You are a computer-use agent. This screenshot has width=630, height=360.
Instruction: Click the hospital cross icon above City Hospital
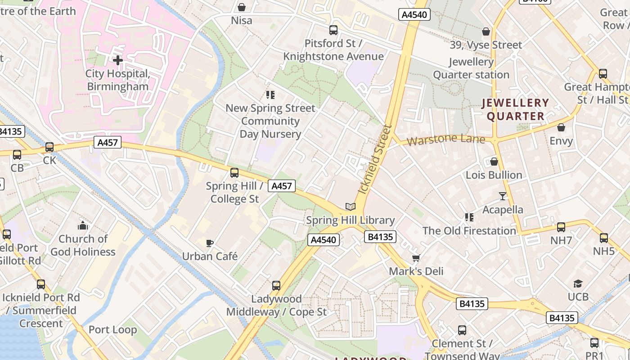point(118,60)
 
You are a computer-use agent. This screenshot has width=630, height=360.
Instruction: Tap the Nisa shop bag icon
point(242,7)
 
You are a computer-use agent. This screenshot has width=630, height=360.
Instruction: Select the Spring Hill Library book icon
point(351,207)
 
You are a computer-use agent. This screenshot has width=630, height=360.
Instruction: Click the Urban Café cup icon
point(209,243)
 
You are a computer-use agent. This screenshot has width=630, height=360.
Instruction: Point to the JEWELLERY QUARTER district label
point(516,109)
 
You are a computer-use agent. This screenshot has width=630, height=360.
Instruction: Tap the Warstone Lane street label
point(446,139)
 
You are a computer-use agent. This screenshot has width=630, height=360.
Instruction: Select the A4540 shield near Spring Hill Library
point(324,239)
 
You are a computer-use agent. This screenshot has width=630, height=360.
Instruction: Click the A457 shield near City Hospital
point(108,143)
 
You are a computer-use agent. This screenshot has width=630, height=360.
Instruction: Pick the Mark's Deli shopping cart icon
point(416,258)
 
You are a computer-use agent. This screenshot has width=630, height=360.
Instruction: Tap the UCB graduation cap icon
point(578,283)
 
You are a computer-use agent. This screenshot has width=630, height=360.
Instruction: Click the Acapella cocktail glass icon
point(503,196)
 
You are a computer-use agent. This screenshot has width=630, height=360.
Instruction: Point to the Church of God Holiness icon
point(83,225)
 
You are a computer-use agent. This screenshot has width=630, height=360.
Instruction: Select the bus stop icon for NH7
point(561,227)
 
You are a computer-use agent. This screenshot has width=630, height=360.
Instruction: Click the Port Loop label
point(112,329)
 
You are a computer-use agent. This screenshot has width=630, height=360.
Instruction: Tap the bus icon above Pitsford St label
point(333,30)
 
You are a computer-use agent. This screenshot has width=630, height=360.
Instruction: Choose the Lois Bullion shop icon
point(494,162)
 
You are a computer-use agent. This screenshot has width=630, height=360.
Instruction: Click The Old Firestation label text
point(469,231)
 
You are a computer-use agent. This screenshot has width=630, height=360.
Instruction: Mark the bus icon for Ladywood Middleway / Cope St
point(276,285)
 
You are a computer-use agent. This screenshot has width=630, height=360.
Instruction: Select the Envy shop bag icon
point(561,128)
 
